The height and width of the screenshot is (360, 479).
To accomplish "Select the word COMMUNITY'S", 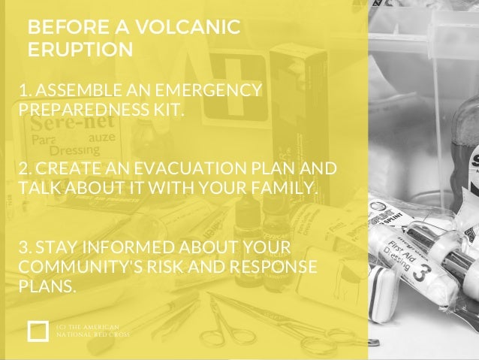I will [74, 268].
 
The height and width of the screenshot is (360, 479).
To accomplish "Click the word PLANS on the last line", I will [49, 286].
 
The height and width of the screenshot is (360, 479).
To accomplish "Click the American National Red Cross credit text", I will [93, 330].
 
